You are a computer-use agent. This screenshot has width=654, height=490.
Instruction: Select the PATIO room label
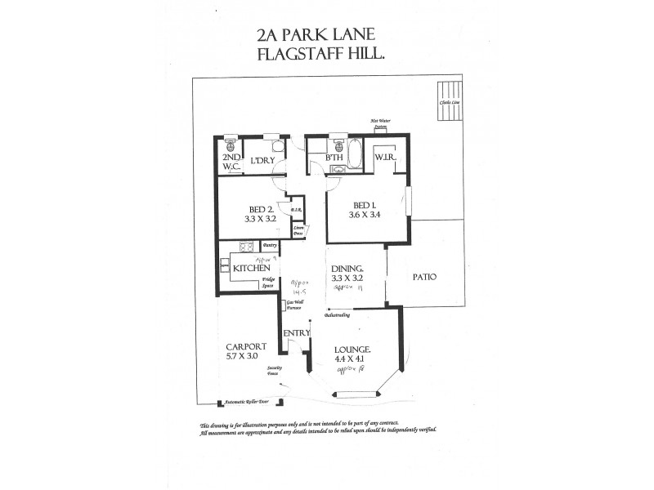point(424,277)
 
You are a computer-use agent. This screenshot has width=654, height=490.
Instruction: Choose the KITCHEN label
point(252,268)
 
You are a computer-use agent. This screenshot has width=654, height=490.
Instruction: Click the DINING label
point(347,268)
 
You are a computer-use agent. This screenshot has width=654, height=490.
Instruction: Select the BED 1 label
point(364,205)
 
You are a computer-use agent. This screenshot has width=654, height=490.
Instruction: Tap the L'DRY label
point(261,159)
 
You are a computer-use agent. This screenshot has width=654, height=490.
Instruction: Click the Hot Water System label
point(380,123)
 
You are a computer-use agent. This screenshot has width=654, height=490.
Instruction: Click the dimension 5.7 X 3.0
point(242,356)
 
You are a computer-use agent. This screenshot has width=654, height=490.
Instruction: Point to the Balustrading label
point(338,314)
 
